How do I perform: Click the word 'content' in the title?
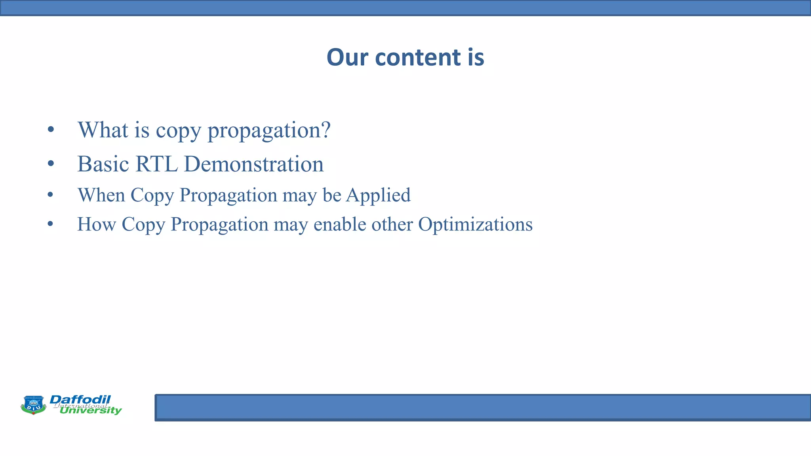pos(418,57)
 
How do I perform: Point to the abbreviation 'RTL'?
pos(156,164)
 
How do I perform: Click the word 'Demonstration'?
pos(254,164)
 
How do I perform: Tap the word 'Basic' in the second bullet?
pos(103,164)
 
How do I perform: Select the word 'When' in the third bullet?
pos(101,195)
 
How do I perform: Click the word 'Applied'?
pos(378,195)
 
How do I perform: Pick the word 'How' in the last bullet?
pos(96,224)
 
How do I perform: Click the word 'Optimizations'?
pos(475,224)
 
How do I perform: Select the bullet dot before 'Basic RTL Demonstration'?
pos(50,163)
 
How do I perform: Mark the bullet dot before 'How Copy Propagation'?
pos(50,224)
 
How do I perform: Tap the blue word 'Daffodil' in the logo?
pos(80,399)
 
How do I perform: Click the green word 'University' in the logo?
pos(91,410)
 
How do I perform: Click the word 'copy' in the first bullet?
pos(178,130)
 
